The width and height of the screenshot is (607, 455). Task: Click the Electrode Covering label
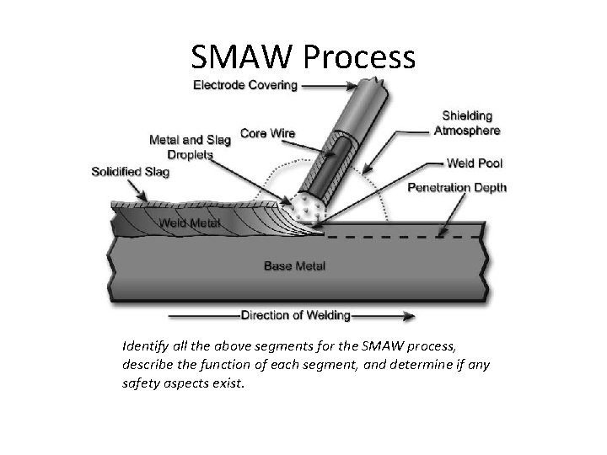[x=244, y=84]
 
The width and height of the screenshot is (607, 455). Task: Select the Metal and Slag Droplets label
[x=189, y=147]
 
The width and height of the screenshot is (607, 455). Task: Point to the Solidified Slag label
[x=130, y=172]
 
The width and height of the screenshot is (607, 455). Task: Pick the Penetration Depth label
[x=457, y=187]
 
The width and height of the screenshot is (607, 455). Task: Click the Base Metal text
[x=295, y=266]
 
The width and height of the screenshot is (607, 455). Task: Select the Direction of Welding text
[x=295, y=316]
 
